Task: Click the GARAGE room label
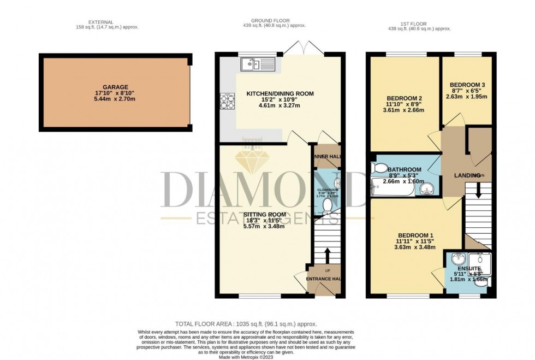click(115, 87)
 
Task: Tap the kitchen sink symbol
click(257, 64)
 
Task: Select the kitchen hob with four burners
click(227, 102)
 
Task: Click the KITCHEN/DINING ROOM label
click(280, 94)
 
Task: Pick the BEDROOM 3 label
click(467, 85)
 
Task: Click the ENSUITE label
click(469, 269)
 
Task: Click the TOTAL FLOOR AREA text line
click(246, 324)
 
